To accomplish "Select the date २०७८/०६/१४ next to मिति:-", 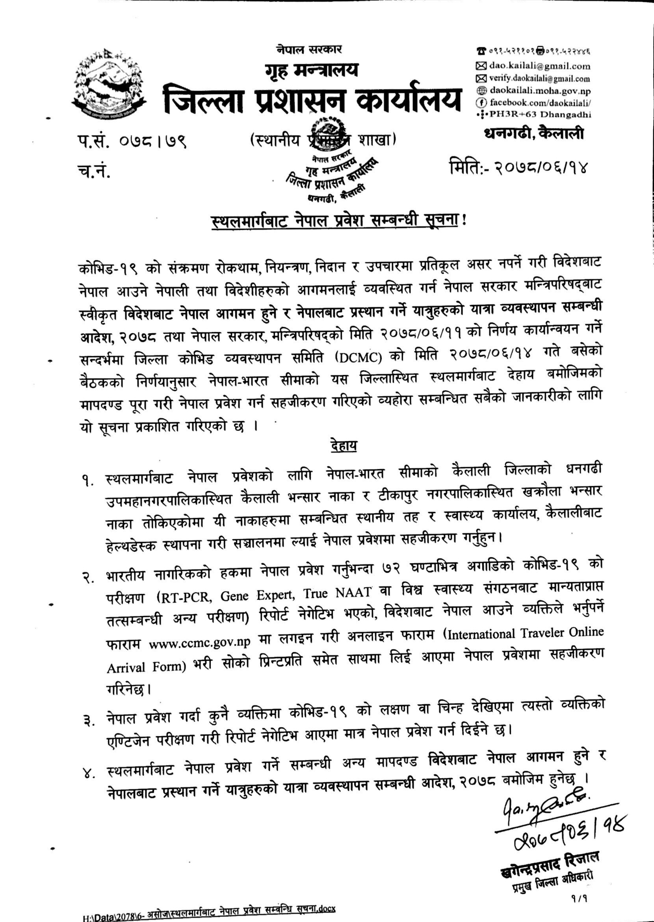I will tap(544, 166).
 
